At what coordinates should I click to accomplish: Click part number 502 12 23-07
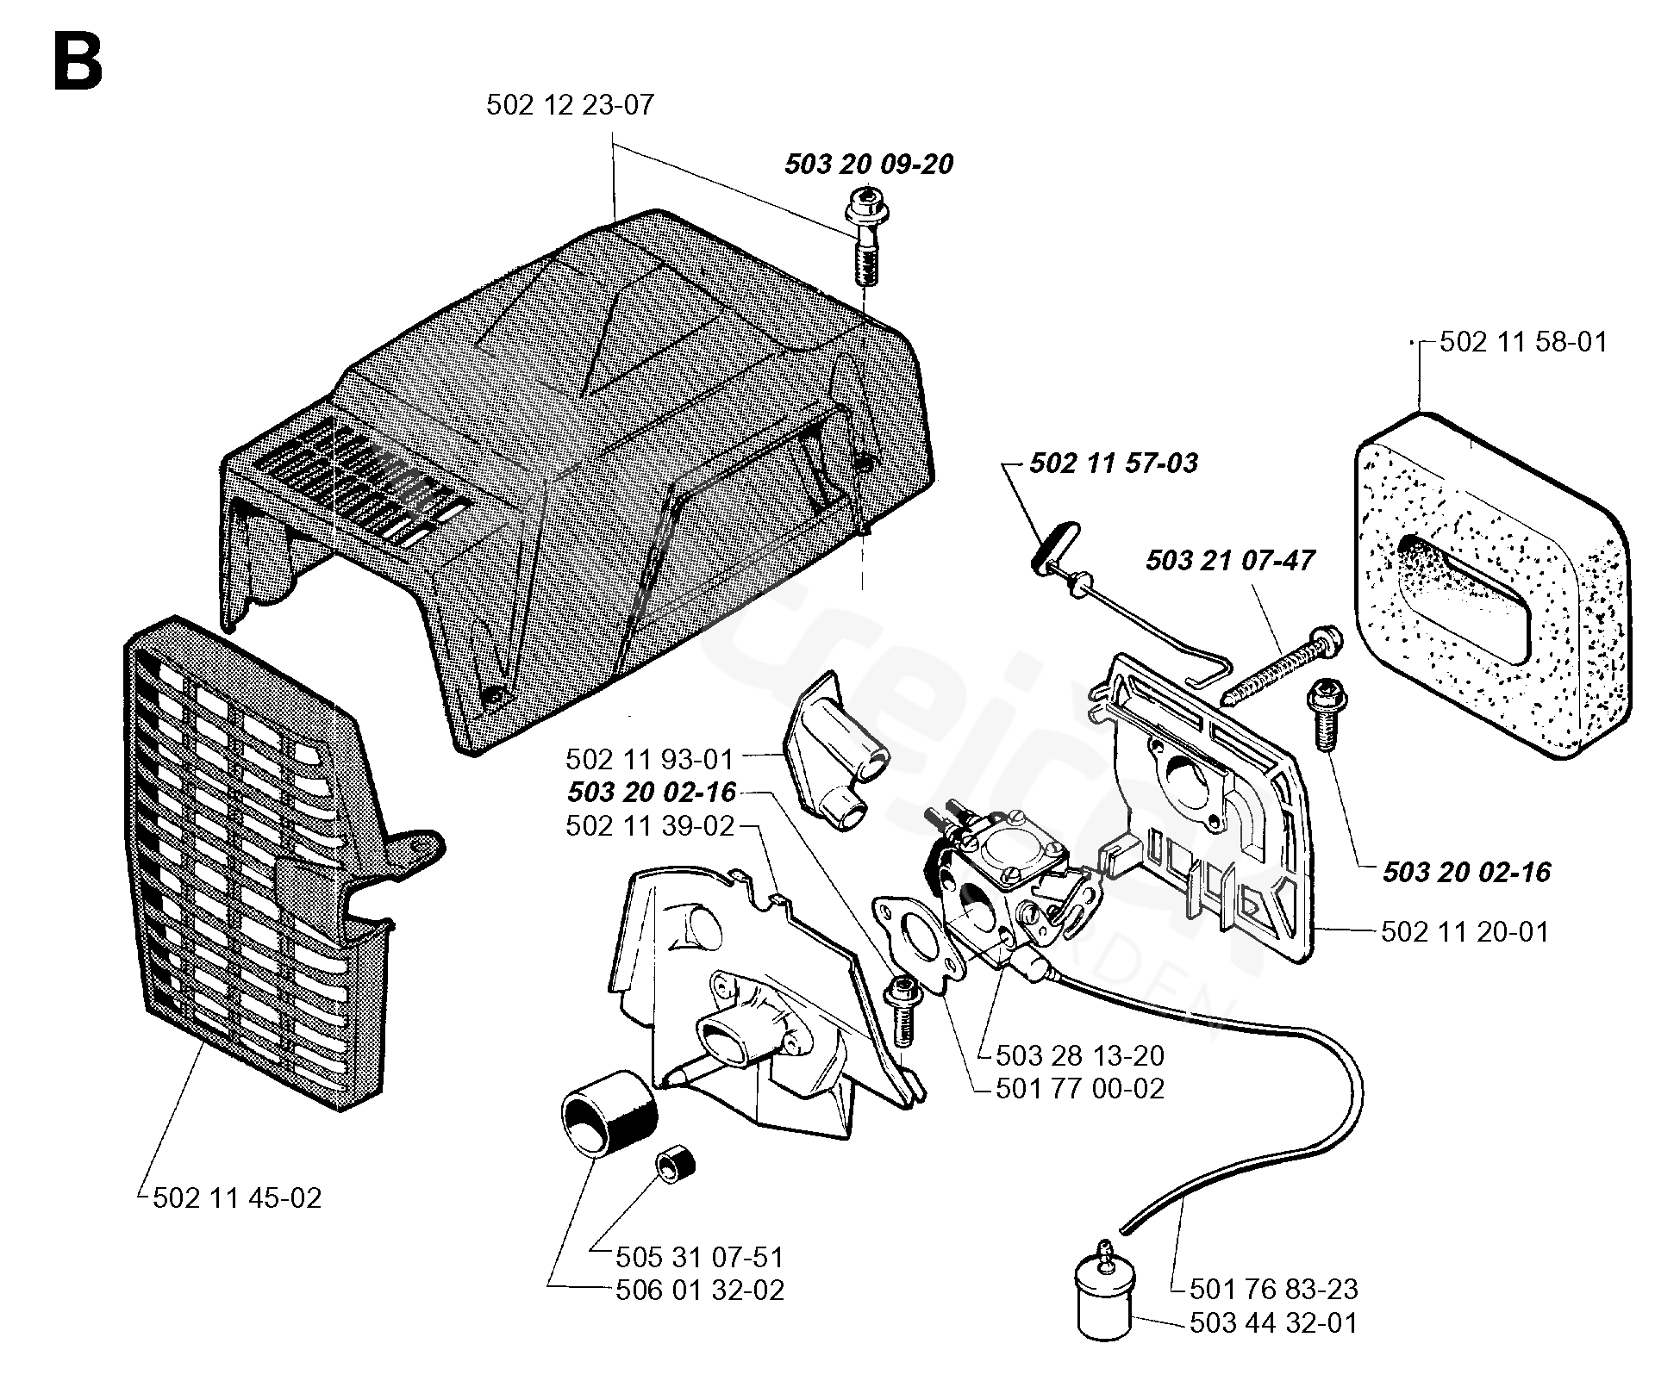570,105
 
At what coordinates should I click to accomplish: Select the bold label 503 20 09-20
869,164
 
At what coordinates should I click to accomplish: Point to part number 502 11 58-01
1524,342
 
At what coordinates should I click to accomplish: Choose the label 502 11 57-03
1114,463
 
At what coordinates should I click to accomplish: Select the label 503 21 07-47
1230,561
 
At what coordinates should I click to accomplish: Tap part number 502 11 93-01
649,760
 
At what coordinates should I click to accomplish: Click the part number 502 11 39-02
650,826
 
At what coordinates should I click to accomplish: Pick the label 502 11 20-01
1465,931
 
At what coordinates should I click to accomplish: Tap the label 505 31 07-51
700,1258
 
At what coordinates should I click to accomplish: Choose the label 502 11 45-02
237,1198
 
